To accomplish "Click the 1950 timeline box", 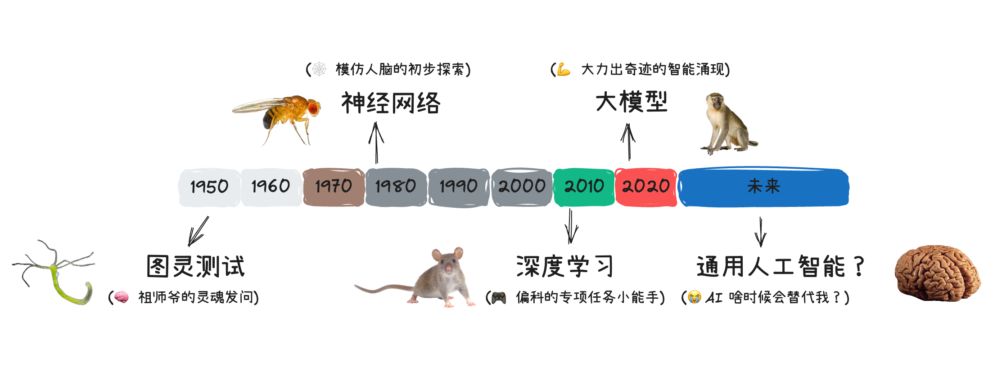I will coord(209,187).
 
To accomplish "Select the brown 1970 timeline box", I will coord(334,187).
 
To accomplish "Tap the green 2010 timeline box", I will coord(584,187).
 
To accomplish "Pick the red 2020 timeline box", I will coord(645,187).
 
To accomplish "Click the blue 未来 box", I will coord(763,187).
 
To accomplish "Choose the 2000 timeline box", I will coord(522,187).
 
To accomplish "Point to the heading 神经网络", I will coord(391,103).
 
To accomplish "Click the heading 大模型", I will coord(631,102).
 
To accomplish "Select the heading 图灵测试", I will coord(196,266).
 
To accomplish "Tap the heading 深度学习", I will coord(564,266).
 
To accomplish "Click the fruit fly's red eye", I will coord(312,108).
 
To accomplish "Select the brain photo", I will coord(937,273).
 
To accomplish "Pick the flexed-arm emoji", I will coord(564,70).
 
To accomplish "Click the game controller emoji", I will coord(498,298).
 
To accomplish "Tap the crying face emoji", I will coord(695,297).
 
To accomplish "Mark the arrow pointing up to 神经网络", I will coord(376,143).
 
